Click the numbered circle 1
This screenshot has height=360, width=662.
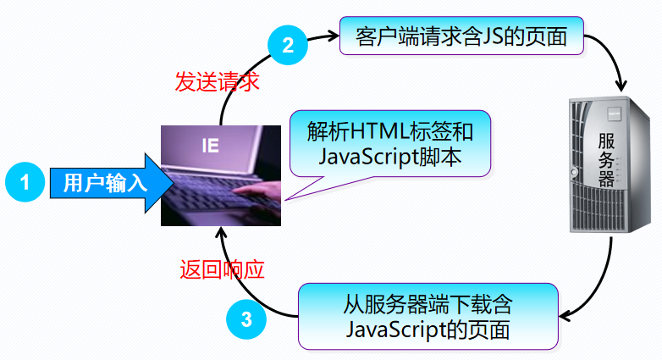click(25, 181)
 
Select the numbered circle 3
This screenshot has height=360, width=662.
click(246, 319)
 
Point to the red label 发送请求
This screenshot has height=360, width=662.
click(217, 82)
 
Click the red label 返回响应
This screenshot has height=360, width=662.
click(223, 270)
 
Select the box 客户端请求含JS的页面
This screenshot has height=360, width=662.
click(461, 36)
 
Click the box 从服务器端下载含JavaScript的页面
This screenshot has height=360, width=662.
click(428, 315)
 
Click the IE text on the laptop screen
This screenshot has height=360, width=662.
click(210, 145)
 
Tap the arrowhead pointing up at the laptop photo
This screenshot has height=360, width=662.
click(221, 233)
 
